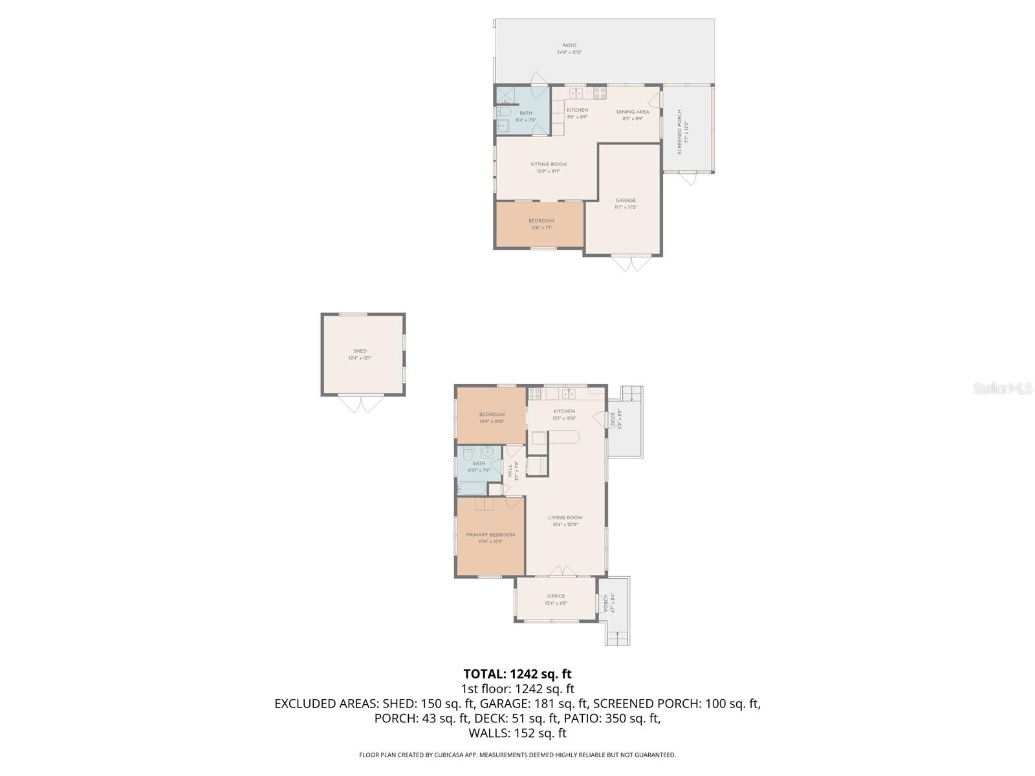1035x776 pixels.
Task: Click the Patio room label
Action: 569,45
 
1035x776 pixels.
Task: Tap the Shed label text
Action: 360,351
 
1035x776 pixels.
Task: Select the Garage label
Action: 626,200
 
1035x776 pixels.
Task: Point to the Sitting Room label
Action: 549,164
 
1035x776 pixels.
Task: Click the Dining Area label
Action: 633,112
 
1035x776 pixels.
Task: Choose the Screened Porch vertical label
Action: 679,132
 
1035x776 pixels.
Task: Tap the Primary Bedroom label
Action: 490,535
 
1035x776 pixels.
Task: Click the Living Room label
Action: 565,517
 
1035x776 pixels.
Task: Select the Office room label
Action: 556,596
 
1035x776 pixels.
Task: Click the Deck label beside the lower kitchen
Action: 613,420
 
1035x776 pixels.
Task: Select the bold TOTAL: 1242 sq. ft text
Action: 517,674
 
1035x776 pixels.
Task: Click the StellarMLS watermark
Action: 1002,388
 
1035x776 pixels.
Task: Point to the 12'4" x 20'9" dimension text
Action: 565,525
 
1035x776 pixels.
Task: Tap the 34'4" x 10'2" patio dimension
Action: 569,52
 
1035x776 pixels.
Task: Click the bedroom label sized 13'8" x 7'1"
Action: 541,221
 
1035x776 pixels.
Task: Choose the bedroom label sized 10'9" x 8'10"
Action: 492,415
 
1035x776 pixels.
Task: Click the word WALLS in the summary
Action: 489,733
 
